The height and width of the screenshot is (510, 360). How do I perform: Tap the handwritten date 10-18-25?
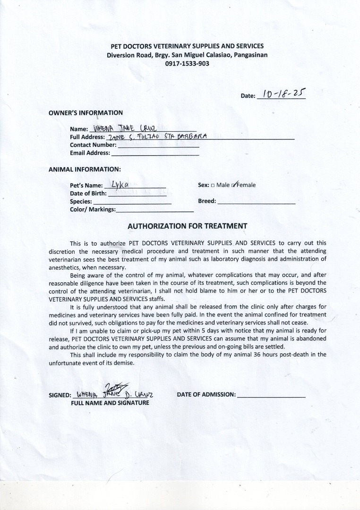pos(281,93)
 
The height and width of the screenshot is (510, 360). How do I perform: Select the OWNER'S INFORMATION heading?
pos(86,113)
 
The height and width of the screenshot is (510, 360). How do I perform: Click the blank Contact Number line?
pos(158,146)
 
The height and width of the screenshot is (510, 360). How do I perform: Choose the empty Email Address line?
pos(155,153)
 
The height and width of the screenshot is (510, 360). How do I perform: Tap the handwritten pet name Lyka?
pos(116,184)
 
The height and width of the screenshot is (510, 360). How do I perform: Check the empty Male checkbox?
pos(213,186)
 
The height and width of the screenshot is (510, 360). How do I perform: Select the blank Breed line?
pos(257,202)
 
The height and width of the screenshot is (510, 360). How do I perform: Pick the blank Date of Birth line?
pos(137,194)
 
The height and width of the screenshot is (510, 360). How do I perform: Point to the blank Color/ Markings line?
pos(155,210)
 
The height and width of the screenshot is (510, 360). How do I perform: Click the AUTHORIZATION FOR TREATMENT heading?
pos(187,226)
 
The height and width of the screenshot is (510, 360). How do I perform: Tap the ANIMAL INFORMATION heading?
pos(85,169)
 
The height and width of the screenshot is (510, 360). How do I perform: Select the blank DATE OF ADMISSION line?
pos(271,395)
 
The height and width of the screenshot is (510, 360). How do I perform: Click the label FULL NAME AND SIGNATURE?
pos(110,403)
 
